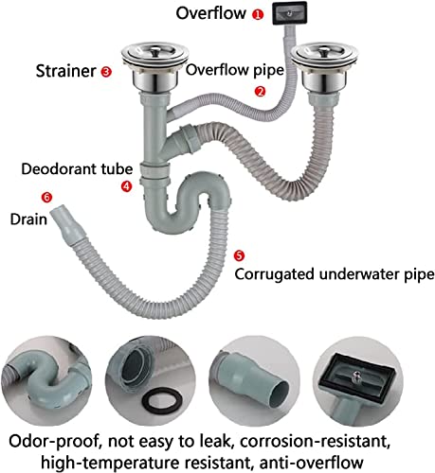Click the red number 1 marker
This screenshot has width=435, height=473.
(258, 14)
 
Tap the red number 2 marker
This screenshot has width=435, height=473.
(260, 92)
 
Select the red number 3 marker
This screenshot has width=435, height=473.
(106, 72)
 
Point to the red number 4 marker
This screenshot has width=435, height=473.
(126, 186)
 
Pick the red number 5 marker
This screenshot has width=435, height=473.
(239, 255)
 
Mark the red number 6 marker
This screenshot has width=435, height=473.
(46, 198)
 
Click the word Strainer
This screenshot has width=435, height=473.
(65, 71)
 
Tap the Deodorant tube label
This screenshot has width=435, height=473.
(77, 169)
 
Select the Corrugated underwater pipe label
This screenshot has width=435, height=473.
(335, 274)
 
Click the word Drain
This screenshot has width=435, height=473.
(28, 219)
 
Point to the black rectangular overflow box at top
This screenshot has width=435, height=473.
(290, 13)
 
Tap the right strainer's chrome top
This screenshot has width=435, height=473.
(324, 56)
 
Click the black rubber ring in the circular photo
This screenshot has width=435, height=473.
(162, 401)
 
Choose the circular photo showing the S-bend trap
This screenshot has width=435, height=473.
(46, 380)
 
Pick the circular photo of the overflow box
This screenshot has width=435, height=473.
(358, 380)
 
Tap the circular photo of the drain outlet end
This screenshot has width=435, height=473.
(254, 380)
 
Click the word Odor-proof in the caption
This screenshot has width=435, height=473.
(54, 442)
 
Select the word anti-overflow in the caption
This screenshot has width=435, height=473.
(311, 463)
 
